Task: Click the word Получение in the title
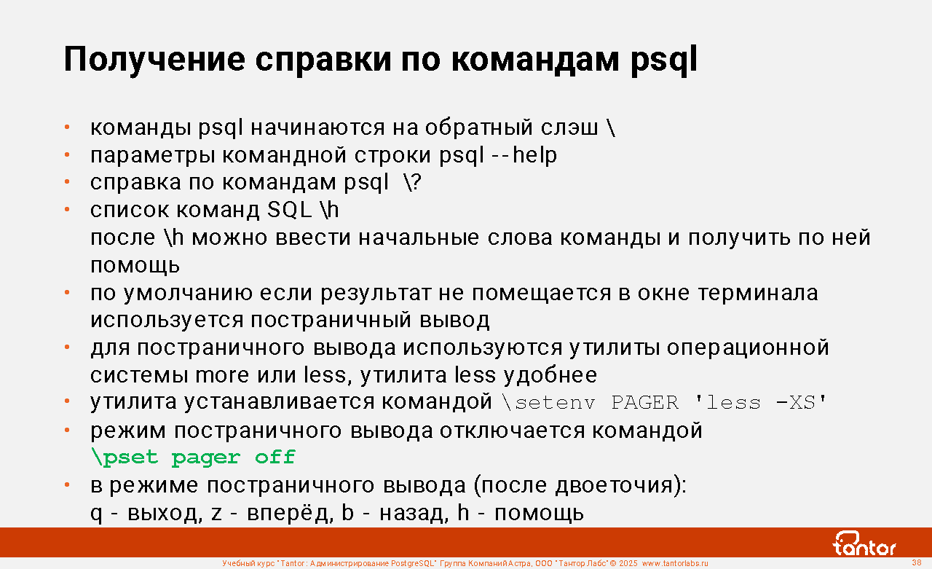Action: coord(154,60)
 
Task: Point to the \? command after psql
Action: coord(412,182)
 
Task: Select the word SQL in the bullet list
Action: coord(289,209)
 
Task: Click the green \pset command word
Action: coord(125,458)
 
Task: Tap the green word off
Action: coord(275,457)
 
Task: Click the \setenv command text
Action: coord(548,402)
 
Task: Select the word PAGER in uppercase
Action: coord(644,402)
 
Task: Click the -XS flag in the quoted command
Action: coord(795,402)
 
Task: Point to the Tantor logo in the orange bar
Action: coord(864,544)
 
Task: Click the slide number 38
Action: coord(916,562)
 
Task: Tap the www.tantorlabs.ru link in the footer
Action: coord(675,563)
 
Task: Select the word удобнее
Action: coord(550,375)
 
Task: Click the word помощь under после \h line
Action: coord(135,266)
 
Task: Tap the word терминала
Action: coord(758,293)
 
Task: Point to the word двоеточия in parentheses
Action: coord(614,486)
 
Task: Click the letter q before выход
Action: coord(96,514)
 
